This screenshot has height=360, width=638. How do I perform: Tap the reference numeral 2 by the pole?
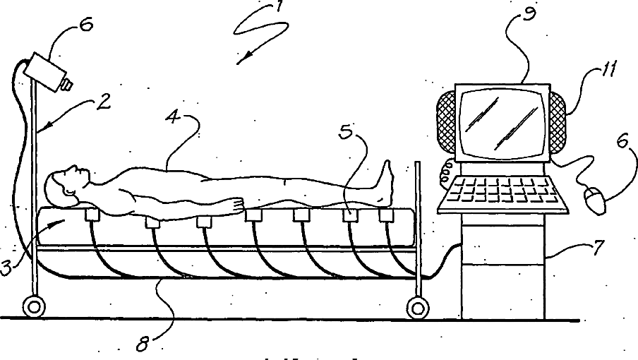[103, 102]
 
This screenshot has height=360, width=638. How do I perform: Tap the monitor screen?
[502, 121]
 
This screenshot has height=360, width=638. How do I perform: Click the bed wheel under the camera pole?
[32, 307]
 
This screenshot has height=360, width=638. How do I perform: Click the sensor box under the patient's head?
[90, 214]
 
